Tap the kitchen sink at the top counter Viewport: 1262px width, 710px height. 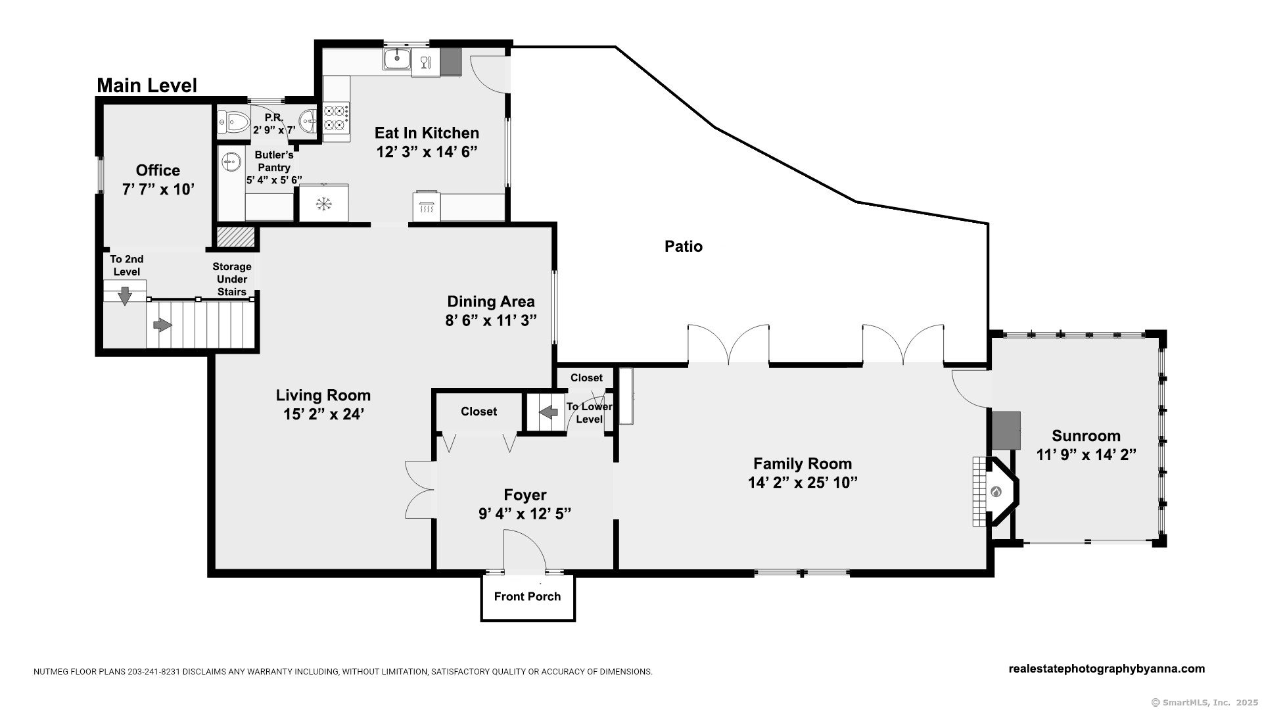coord(397,59)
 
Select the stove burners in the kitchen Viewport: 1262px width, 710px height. coord(336,118)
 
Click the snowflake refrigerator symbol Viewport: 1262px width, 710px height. coord(323,204)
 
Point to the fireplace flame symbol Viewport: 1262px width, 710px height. coord(996,492)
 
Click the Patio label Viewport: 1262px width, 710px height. coord(684,247)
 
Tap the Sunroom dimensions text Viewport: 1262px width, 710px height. coord(1086,454)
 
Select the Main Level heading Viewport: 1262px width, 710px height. coord(147,85)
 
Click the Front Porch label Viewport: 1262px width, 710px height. coord(527,596)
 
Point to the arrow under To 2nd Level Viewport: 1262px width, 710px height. coord(124,296)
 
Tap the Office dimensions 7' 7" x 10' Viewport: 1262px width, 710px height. coord(158,189)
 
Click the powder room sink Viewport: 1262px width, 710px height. coord(307,121)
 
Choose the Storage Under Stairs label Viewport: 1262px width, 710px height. coord(231,279)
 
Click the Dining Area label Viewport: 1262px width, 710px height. coord(491,302)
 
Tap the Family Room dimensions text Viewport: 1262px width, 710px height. coord(803,483)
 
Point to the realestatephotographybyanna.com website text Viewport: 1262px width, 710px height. coord(1106,669)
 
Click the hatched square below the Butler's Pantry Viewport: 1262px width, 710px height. coord(235,237)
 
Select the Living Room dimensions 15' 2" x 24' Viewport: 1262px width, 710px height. coord(323,415)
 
